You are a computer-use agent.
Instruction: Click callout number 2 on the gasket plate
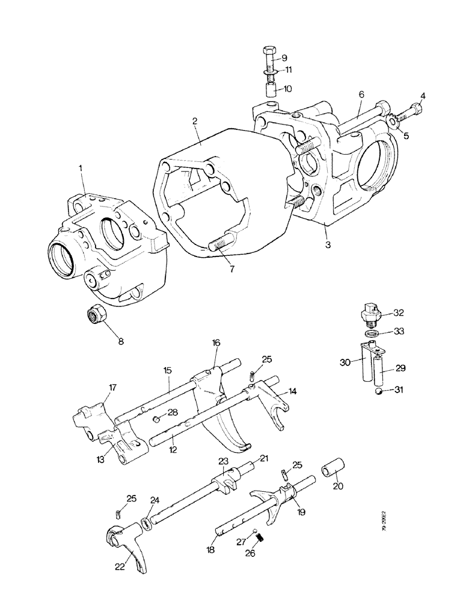click(x=195, y=121)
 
